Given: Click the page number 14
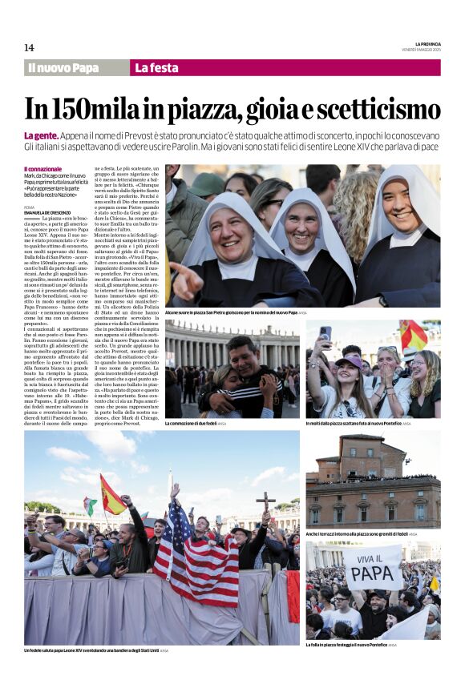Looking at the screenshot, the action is click(29, 48).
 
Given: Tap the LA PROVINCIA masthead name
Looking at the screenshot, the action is click(427, 43).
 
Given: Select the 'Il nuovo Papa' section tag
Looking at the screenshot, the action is click(63, 68).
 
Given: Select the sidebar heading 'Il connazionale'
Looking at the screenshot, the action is click(42, 169).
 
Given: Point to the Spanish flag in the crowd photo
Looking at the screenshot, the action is click(112, 497).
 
